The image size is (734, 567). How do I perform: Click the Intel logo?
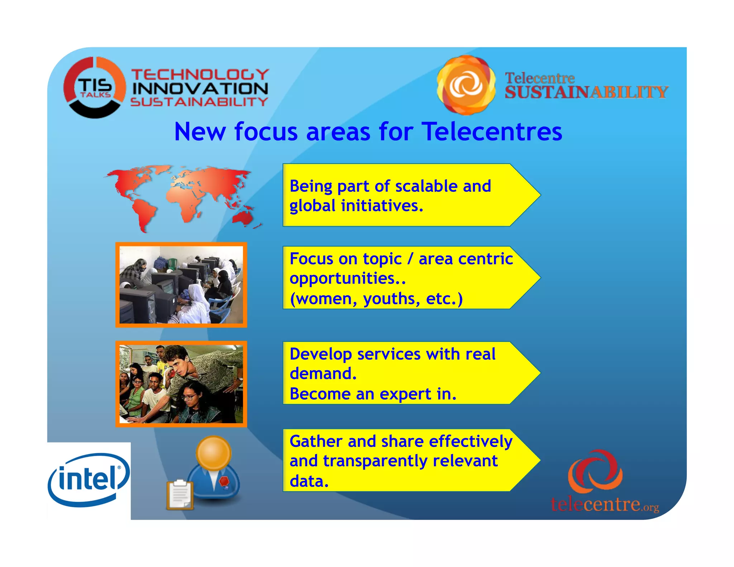(x=89, y=480)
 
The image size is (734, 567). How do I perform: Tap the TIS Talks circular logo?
(x=95, y=87)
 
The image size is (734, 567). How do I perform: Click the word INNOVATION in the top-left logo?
(x=200, y=89)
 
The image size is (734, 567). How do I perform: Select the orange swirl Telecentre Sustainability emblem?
(x=466, y=85)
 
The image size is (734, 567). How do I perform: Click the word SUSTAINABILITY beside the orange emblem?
(x=586, y=92)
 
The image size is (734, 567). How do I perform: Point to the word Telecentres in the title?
(x=492, y=132)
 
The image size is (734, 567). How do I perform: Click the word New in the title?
(x=200, y=132)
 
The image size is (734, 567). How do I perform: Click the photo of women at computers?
(x=181, y=285)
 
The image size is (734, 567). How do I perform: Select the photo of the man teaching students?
(x=181, y=384)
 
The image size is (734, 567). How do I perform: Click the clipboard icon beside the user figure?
(x=180, y=495)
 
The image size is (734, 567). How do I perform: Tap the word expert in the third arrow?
(x=406, y=394)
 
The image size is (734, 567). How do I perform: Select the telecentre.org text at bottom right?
(x=605, y=504)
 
